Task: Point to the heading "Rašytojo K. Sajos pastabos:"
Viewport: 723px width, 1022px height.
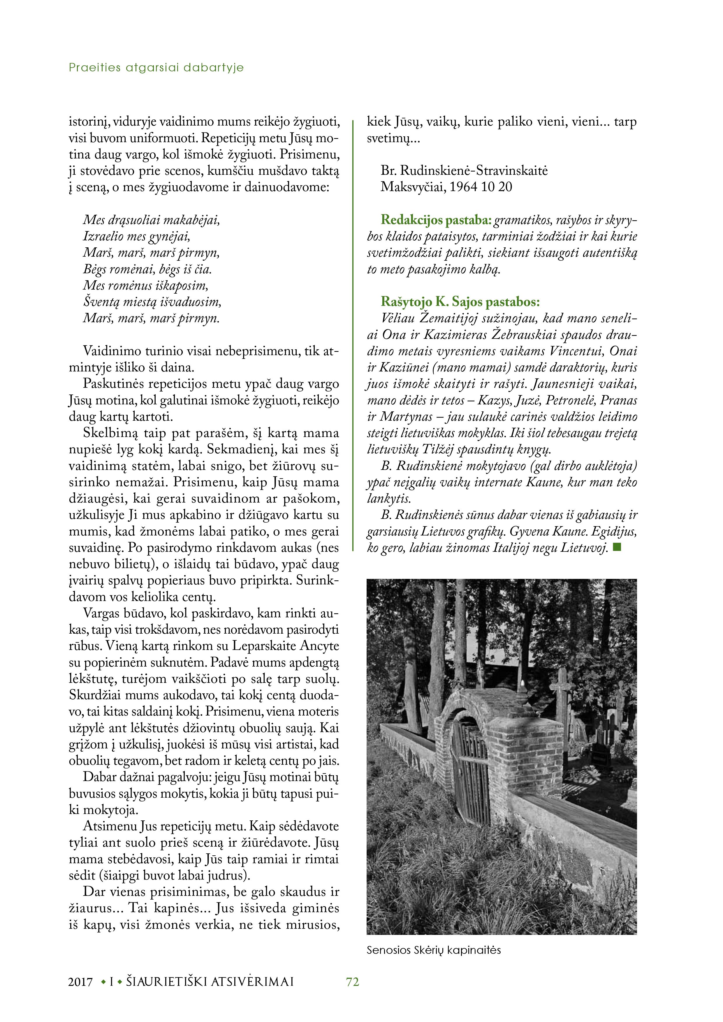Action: (x=460, y=302)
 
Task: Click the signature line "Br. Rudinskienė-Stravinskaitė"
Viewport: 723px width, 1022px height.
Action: (x=464, y=170)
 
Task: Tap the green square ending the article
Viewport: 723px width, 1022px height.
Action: (x=617, y=547)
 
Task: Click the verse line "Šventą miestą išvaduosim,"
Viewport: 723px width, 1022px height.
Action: (x=152, y=302)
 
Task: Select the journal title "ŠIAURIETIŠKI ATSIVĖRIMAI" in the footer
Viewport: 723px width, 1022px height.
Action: (x=210, y=982)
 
